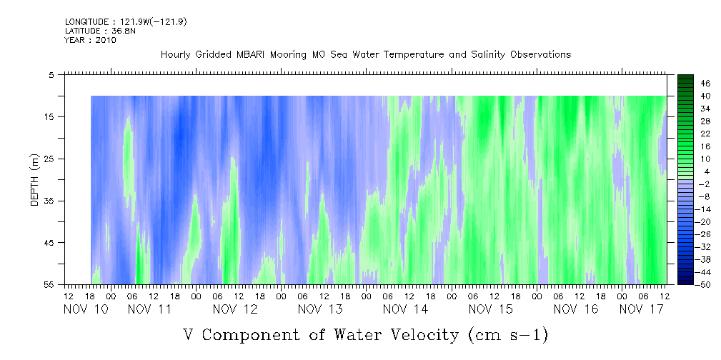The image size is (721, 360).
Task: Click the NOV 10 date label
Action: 84,309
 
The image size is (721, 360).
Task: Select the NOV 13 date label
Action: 320,309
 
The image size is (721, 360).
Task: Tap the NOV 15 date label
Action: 491,309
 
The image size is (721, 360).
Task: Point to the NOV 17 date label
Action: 640,309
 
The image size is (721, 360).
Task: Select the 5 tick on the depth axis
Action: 51,74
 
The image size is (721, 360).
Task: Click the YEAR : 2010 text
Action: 90,40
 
